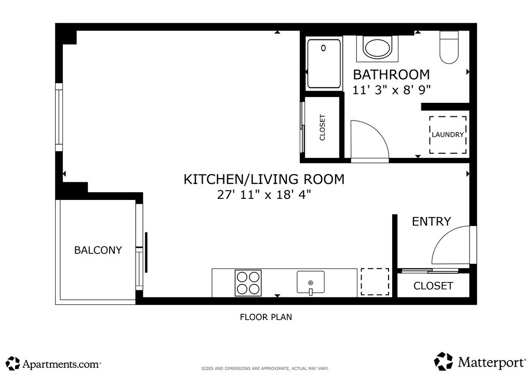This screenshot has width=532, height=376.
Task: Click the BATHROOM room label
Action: pos(391,75)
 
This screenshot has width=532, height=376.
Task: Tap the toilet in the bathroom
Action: pos(449,47)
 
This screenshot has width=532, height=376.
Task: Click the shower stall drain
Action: pos(323,48)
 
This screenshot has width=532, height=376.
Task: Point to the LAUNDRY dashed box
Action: pos(448,135)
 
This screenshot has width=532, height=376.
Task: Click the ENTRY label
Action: pos(431,221)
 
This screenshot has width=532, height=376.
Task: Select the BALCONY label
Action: pos(98,250)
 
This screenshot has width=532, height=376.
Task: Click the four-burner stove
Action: pos(248,283)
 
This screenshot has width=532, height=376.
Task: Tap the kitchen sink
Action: pos(311,282)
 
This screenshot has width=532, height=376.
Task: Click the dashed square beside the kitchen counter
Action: pos(375,281)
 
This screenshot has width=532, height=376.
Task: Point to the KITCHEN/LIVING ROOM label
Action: pos(264,179)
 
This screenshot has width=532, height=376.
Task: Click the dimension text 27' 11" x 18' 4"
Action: pos(264,195)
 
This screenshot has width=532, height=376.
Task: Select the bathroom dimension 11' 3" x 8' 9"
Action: pos(392,90)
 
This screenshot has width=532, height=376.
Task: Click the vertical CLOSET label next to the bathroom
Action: pos(322,127)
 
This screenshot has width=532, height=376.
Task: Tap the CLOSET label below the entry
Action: pos(433,286)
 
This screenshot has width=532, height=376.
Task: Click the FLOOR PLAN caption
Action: pos(266,317)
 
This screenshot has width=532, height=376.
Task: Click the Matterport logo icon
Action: pos(444,361)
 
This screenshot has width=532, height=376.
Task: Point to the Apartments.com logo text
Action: pos(61,364)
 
